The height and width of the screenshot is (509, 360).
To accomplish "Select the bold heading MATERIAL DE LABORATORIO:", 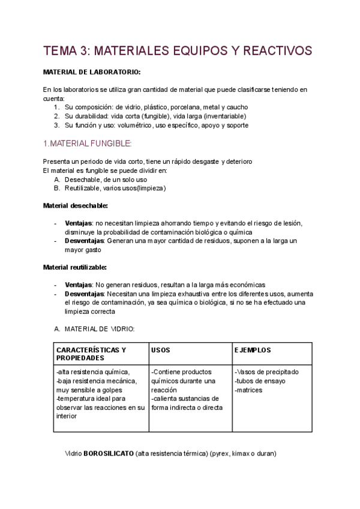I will click(92, 72).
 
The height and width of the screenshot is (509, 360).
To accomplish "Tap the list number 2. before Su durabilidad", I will click(56, 116).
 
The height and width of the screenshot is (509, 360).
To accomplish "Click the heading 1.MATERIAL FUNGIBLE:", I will click(87, 143).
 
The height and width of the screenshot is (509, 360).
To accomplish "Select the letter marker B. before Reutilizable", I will click(57, 188).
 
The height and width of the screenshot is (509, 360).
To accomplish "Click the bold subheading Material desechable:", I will click(76, 205).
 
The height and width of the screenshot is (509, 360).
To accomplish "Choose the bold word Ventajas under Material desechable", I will click(78, 223).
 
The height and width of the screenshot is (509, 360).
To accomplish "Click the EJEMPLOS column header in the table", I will click(253, 349).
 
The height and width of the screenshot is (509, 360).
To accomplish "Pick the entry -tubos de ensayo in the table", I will click(260, 381).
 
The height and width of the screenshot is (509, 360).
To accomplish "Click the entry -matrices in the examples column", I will click(250, 390).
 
